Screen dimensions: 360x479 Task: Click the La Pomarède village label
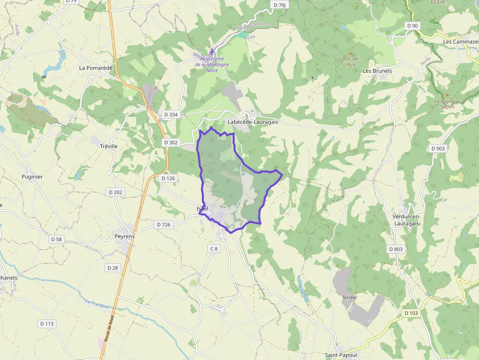point(95,68)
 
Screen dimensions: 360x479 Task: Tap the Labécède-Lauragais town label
point(253,122)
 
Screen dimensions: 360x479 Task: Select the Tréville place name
point(109,146)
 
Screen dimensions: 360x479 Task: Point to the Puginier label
point(32,177)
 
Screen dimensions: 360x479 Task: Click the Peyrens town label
point(124,236)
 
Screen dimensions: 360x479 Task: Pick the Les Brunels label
point(377,71)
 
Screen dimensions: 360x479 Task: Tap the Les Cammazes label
point(460,42)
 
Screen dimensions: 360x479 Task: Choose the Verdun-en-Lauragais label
point(406,220)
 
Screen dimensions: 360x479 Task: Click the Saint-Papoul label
point(341,355)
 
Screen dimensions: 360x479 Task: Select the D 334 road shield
point(171,114)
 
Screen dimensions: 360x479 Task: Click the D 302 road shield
point(171,143)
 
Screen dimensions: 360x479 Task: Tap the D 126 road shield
point(168,178)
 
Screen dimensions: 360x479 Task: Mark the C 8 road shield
point(214,249)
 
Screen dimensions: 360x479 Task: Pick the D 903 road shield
point(438,148)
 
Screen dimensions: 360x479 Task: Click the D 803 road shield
point(396,249)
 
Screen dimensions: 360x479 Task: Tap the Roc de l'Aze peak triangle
point(350,53)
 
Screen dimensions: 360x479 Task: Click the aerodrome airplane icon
point(212,51)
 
